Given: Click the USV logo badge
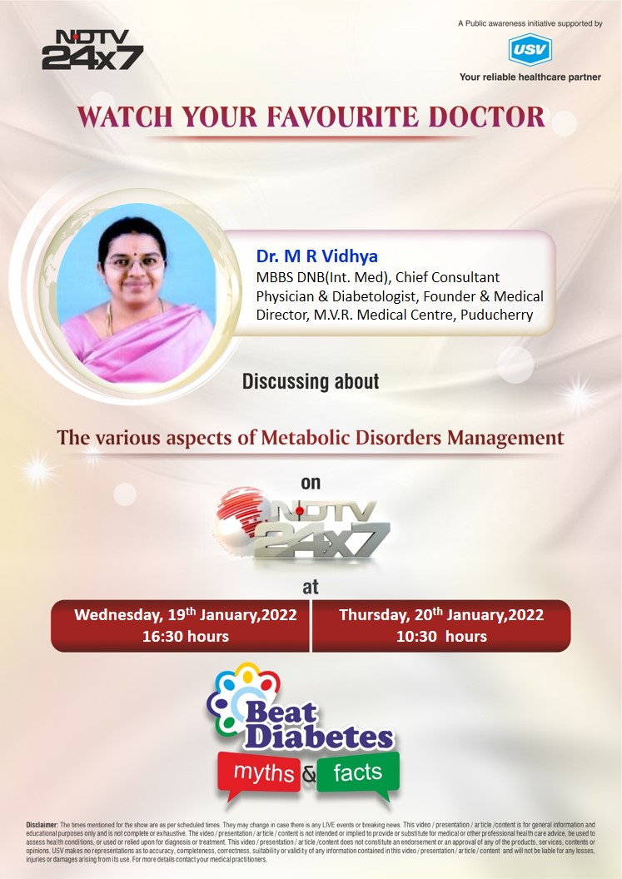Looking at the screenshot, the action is point(530,50).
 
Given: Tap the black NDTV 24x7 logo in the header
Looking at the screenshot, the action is point(92,50).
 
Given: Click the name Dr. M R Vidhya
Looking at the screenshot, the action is point(317,256).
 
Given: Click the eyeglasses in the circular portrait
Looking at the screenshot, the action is point(135,262).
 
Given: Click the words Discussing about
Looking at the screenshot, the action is point(311,382).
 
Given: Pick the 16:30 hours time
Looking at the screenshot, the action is point(186,637).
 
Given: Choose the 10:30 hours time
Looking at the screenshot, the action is point(442,637).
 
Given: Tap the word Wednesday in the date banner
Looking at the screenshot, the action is point(118,615).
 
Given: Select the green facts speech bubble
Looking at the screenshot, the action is point(358,774).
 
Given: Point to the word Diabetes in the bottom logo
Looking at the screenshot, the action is point(319,737).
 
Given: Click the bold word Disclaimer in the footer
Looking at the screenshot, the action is point(42,825).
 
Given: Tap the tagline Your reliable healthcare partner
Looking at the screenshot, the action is point(530,77).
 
